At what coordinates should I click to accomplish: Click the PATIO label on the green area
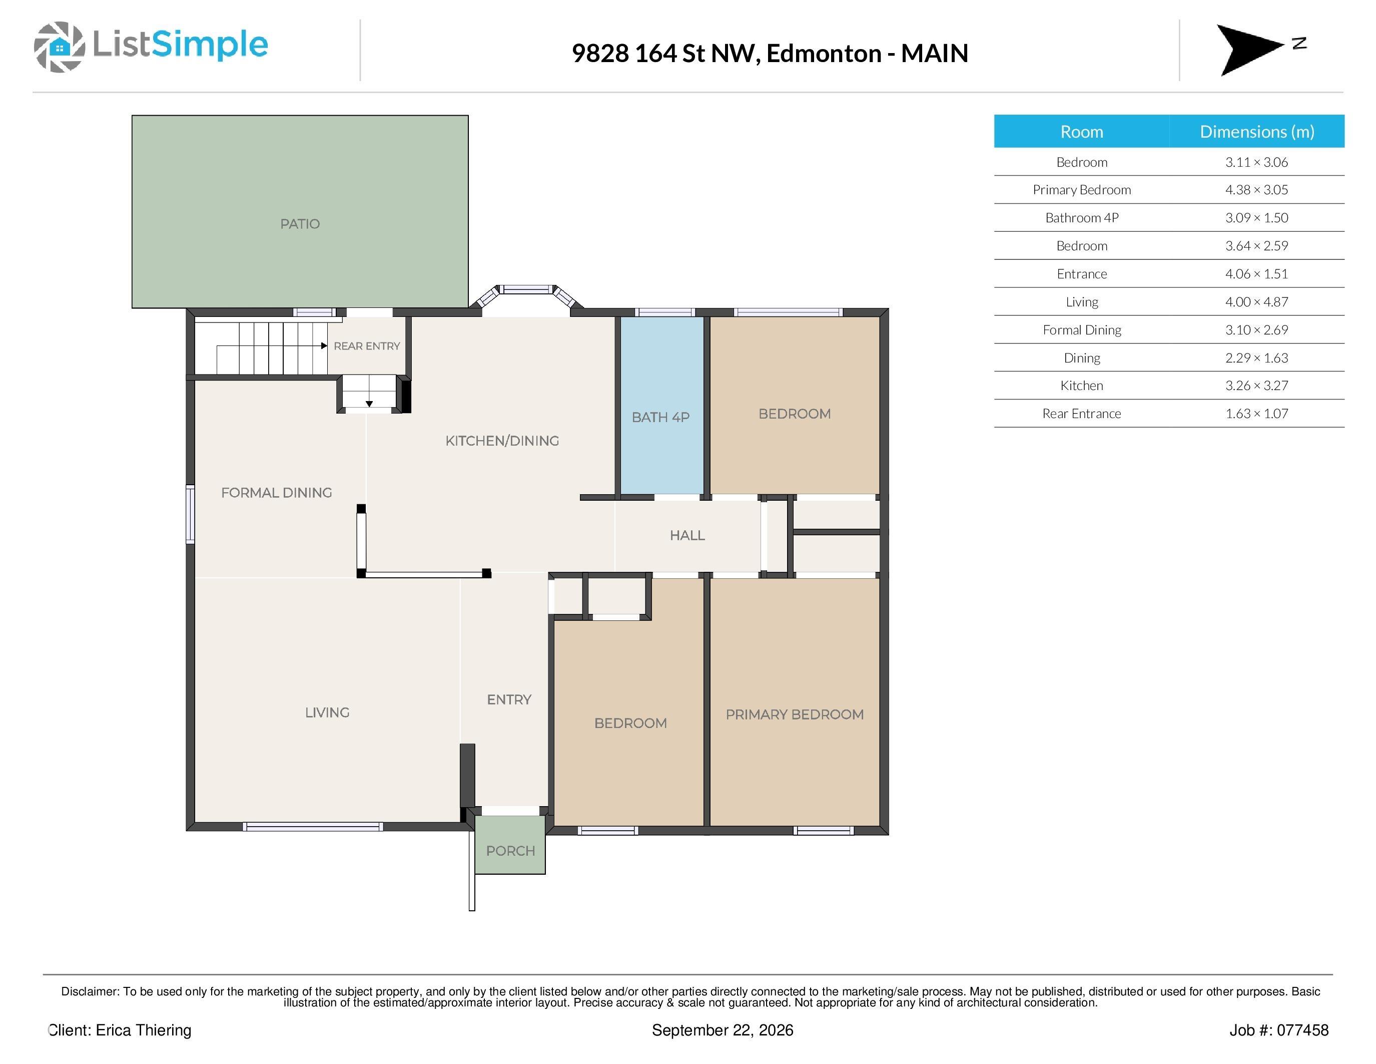click(300, 224)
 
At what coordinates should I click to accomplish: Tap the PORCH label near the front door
click(510, 851)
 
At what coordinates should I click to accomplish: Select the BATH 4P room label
click(661, 417)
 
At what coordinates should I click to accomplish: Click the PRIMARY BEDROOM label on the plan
click(795, 714)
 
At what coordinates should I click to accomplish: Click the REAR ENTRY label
click(367, 346)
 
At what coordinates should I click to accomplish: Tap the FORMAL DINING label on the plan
click(277, 492)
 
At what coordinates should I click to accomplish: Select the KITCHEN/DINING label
click(502, 441)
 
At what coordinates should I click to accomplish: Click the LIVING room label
click(327, 713)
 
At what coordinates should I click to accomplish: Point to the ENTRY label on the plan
click(509, 699)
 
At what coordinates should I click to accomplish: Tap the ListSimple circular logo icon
click(59, 47)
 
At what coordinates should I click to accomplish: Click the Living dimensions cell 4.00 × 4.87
click(1256, 302)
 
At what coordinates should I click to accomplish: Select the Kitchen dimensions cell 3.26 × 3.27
click(1256, 386)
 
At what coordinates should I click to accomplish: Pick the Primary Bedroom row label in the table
click(1082, 190)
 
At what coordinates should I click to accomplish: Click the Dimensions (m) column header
click(1257, 132)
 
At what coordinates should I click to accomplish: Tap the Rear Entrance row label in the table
click(1082, 414)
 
